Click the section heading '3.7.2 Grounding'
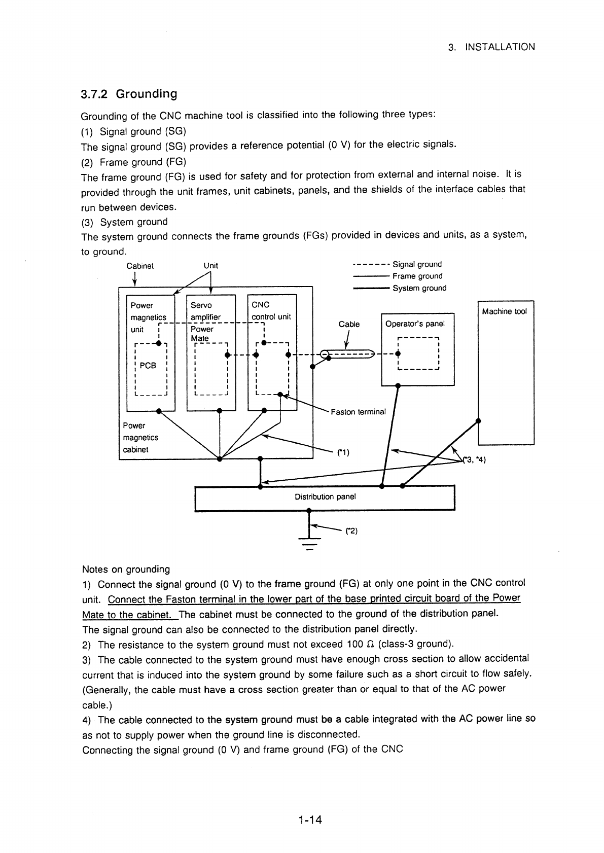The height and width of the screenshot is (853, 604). [129, 94]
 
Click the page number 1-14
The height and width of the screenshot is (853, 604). [310, 820]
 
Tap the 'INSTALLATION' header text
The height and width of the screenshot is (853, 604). [500, 47]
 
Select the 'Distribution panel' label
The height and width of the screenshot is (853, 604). [325, 496]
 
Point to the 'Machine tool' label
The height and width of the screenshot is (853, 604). [504, 311]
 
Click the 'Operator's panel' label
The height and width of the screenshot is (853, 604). [415, 324]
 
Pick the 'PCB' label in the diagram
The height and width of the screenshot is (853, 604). [148, 366]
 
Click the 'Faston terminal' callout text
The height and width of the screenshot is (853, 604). [358, 412]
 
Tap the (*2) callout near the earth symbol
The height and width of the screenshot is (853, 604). [351, 530]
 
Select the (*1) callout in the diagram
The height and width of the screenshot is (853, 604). [343, 452]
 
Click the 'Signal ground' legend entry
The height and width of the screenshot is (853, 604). [417, 264]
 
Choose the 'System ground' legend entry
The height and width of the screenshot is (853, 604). [419, 288]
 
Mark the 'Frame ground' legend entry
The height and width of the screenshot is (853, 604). [417, 276]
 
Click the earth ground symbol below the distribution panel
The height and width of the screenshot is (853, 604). [309, 542]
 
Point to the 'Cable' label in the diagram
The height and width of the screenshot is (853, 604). [349, 324]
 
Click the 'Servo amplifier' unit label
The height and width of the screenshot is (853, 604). [206, 311]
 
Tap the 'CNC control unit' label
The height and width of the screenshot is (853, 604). [271, 311]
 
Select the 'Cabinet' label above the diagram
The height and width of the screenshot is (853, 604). [140, 266]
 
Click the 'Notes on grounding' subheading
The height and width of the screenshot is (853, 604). [126, 570]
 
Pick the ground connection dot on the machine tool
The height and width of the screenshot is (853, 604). [478, 421]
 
